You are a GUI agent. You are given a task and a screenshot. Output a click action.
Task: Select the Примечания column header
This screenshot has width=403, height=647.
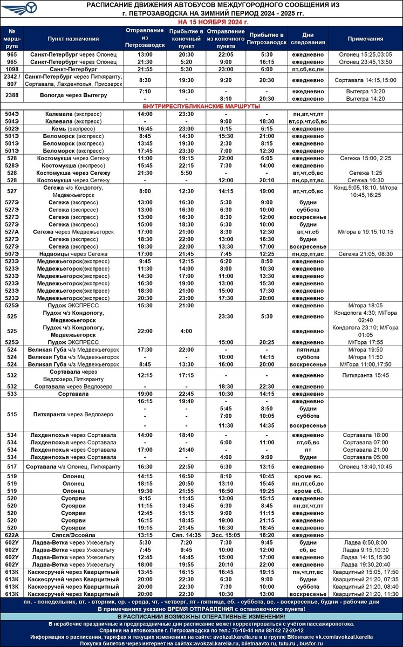tap(365, 39)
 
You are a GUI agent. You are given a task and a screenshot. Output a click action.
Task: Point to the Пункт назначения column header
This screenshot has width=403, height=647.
tap(73, 39)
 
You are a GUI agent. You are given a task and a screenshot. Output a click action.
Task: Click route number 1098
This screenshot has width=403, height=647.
tap(12, 70)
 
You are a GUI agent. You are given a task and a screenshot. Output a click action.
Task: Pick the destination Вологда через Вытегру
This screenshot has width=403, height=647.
tap(73, 95)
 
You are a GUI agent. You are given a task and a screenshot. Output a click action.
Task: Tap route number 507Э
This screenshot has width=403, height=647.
tap(12, 253)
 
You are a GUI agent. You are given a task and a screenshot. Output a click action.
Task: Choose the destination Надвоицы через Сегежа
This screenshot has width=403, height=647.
tap(73, 253)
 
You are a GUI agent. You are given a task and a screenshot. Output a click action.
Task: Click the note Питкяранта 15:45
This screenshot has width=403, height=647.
tap(365, 375)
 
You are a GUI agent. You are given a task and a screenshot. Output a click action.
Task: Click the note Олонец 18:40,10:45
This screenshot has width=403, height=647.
tap(365, 466)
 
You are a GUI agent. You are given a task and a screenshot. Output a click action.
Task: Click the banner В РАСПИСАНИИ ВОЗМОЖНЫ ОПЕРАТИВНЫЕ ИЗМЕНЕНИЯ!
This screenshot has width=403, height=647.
tap(202, 616)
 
